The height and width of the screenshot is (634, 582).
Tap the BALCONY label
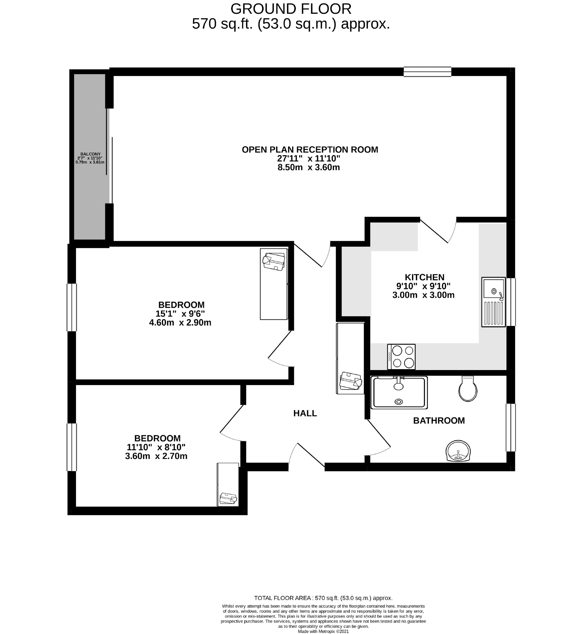tap(90, 154)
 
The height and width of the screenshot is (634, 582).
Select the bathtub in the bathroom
tap(399, 393)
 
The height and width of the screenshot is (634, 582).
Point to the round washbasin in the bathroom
tap(458, 451)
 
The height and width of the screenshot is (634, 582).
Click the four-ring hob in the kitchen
tap(401, 357)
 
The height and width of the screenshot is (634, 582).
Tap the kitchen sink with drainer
tap(493, 302)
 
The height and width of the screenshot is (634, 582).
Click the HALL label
tap(305, 413)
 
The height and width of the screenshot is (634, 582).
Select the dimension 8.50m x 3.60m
tap(308, 167)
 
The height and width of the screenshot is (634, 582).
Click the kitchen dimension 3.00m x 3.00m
tap(423, 295)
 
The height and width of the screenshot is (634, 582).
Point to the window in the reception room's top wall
tap(427, 71)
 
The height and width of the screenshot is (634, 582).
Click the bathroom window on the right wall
tap(511, 427)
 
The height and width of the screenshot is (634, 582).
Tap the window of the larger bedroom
tap(72, 307)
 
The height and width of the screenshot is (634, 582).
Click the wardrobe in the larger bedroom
tap(274, 284)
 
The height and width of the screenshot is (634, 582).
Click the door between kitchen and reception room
tap(438, 231)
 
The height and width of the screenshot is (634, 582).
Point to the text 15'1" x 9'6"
tap(180, 314)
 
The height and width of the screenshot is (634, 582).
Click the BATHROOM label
tap(439, 420)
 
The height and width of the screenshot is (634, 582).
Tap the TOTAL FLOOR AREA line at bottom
tap(323, 598)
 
